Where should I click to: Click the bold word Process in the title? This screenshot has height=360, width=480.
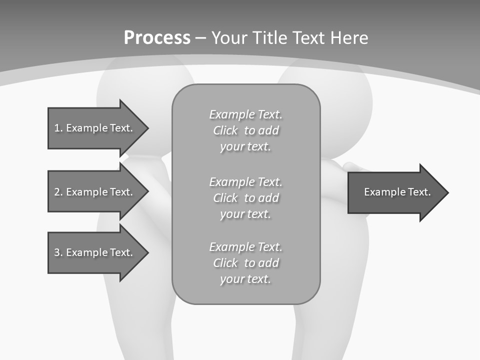[157, 38]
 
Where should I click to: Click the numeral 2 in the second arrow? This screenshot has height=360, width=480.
[57, 192]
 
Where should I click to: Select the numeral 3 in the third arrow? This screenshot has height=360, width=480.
[57, 252]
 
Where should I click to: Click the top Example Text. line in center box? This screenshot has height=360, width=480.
[245, 114]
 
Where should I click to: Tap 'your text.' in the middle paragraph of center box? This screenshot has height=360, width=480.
[245, 214]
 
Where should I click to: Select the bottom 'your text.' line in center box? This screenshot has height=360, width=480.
[245, 279]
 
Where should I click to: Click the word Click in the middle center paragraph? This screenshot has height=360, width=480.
[225, 198]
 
